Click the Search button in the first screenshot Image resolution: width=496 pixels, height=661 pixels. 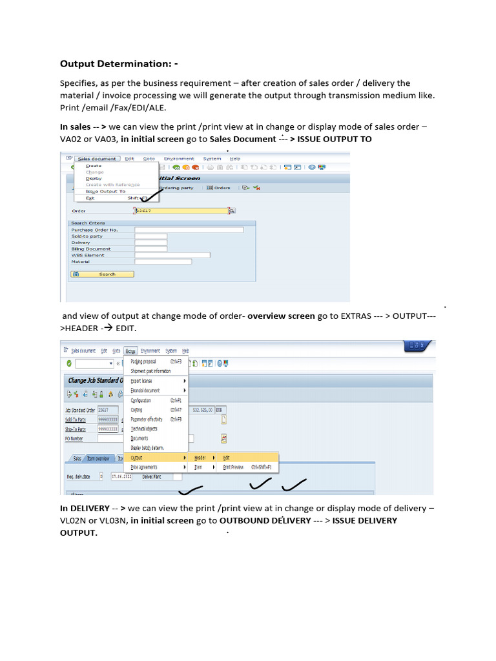(x=102, y=274)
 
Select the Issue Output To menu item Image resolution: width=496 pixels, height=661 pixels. (x=106, y=191)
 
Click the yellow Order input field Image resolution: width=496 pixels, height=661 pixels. (x=181, y=210)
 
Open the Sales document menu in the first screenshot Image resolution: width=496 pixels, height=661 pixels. (x=96, y=159)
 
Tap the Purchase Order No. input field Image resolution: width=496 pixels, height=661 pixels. (x=189, y=230)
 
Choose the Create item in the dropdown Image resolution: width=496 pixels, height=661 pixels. (x=94, y=166)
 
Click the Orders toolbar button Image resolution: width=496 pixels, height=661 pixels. (x=218, y=188)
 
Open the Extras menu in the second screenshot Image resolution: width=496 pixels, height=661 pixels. (x=130, y=351)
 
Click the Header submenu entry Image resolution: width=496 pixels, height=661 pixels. (x=200, y=457)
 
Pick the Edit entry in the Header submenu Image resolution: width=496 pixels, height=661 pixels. (x=227, y=457)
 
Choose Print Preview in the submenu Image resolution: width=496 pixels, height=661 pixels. (x=233, y=466)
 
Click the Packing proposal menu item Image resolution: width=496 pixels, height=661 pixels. (x=143, y=361)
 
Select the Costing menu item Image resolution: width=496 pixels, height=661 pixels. (x=138, y=409)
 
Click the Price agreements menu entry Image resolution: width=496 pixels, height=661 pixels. (x=144, y=466)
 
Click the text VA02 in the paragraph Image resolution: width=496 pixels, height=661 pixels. (x=72, y=139)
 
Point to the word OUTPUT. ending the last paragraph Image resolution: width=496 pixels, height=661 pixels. (x=79, y=533)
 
